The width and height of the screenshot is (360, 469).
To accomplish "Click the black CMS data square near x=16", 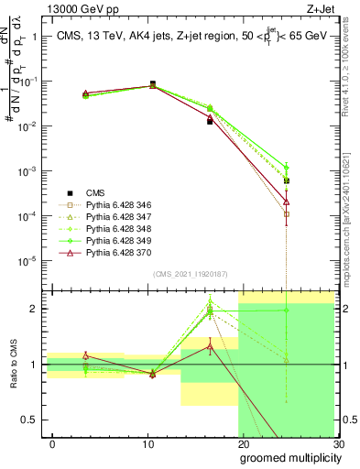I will pos(210,121).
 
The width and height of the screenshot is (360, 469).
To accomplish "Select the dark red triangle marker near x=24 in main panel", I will pos(287,202).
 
